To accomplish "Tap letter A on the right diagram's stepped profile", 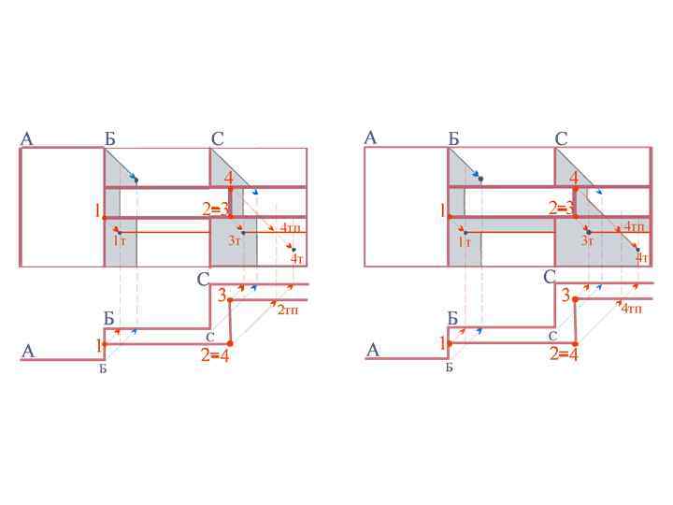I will tap(372, 351).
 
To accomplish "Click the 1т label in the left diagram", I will tap(120, 241).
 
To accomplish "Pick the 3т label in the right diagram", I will tap(587, 241).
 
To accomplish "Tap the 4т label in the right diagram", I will tap(642, 258).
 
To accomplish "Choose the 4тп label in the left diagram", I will tap(290, 227).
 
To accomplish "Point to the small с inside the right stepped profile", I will tap(553, 335).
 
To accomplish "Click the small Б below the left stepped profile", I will tap(104, 368).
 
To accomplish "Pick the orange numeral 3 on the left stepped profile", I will tap(222, 296).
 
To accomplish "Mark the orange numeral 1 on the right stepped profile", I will tap(443, 344).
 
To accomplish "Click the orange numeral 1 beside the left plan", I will tap(97, 211).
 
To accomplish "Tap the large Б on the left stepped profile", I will tap(108, 319).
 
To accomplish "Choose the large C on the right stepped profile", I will tap(550, 278).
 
